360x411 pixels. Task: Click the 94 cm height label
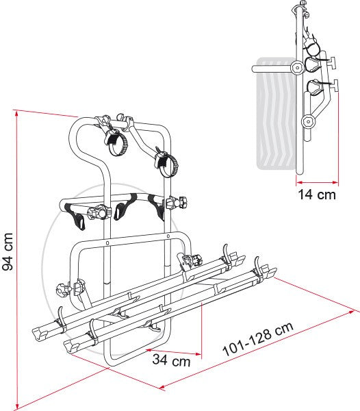pos(7,251)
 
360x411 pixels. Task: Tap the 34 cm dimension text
pos(171,360)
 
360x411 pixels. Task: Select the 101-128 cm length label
pos(257,339)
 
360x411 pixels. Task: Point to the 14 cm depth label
pos(317,195)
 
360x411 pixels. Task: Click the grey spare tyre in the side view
pos(275,114)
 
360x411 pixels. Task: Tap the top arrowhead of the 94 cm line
pos(16,114)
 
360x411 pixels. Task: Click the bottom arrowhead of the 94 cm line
pos(17,406)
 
